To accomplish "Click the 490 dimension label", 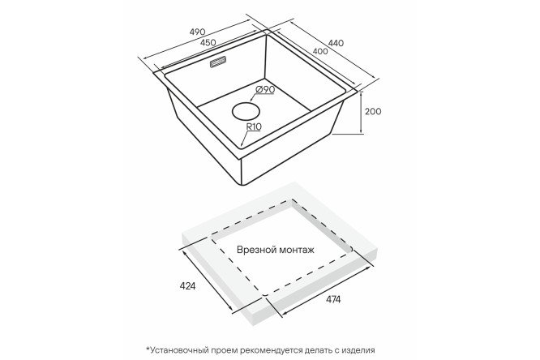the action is (198, 32).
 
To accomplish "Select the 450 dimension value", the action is (208, 42).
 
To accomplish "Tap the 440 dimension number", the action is (336, 44).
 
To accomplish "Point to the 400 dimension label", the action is (320, 52).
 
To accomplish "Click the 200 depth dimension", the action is (373, 111).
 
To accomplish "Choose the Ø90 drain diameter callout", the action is (265, 89).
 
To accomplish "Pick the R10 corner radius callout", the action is (254, 126).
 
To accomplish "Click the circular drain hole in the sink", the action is (246, 111).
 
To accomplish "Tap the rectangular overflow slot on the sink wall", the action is (217, 62).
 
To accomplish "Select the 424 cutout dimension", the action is (187, 286).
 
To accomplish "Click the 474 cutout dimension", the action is (332, 299).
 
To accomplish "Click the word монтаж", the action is (297, 250).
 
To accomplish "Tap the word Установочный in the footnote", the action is (179, 351).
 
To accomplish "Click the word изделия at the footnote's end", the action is (358, 351).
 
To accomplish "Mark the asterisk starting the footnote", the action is (148, 349).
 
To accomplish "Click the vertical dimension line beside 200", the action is (361, 113).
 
